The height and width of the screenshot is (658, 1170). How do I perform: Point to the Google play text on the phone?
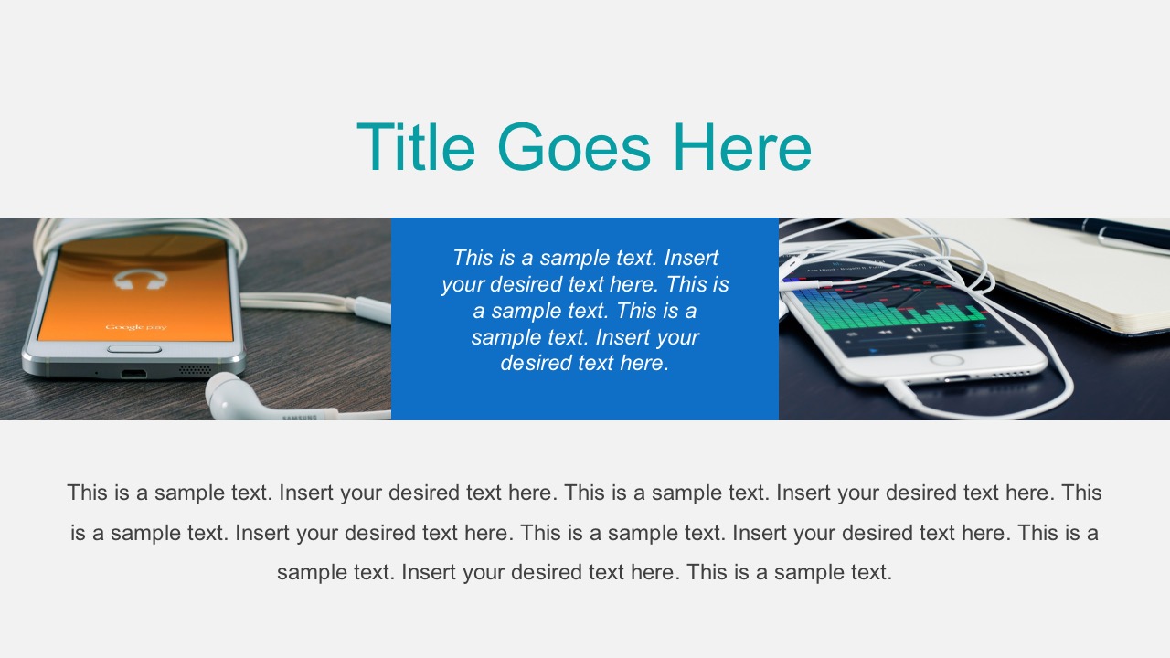tap(135, 326)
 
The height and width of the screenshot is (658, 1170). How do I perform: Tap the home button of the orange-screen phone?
tap(134, 349)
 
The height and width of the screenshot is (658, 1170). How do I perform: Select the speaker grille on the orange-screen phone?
tap(194, 370)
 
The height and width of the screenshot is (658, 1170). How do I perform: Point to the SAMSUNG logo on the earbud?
tap(298, 418)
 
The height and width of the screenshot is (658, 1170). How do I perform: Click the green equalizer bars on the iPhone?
tap(877, 311)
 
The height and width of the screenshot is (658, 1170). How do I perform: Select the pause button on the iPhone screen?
tap(917, 330)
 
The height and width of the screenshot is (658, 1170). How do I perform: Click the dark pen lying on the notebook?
tap(1097, 230)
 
